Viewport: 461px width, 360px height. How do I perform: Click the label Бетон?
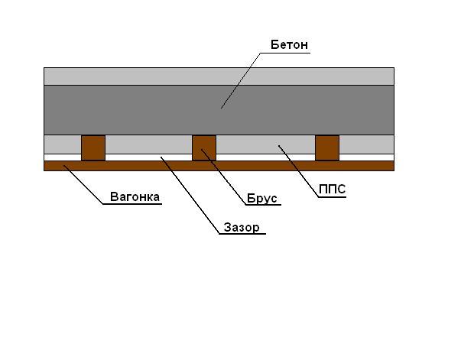(289, 44)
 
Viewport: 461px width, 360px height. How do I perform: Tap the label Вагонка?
(135, 196)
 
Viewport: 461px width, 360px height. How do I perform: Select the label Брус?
(261, 199)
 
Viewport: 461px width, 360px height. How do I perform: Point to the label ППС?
(333, 190)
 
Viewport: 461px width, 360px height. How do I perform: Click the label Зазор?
(242, 227)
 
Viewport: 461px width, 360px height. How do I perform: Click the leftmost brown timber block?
(93, 148)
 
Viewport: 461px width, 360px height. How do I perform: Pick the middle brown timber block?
(204, 148)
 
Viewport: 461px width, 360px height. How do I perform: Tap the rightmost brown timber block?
(327, 148)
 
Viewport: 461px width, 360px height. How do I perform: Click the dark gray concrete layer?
(219, 110)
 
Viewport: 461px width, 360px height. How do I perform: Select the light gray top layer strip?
(219, 76)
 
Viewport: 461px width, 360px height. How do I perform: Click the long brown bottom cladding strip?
(219, 166)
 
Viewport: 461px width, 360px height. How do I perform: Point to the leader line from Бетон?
(241, 81)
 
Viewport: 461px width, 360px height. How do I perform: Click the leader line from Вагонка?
(83, 184)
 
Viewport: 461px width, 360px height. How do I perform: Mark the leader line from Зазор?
(190, 196)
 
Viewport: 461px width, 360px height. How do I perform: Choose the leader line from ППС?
(299, 171)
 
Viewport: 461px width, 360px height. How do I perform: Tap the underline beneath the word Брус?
(263, 205)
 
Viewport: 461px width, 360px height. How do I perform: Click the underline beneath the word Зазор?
(242, 234)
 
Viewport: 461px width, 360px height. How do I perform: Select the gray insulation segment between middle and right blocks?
(265, 144)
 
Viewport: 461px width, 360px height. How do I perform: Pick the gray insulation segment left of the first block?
(63, 144)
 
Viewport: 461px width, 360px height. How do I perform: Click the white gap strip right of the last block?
(367, 157)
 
